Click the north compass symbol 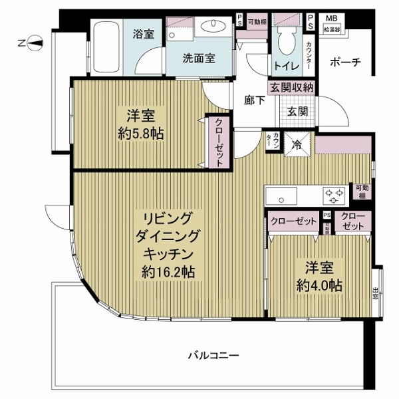[x=34, y=44]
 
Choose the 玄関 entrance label [x=297, y=111]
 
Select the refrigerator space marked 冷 [x=294, y=144]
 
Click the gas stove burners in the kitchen [x=334, y=195]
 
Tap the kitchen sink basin [x=283, y=196]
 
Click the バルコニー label [x=213, y=355]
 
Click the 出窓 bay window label [x=376, y=293]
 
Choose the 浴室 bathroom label [x=143, y=33]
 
